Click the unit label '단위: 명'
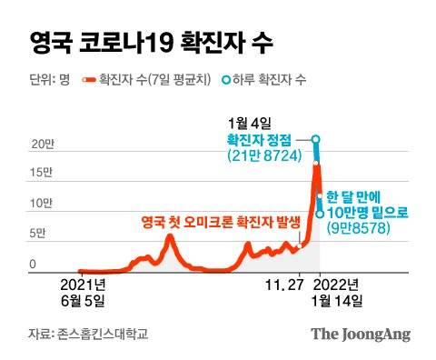point(48,79)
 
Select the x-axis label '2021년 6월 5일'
point(83,291)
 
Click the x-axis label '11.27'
point(283,283)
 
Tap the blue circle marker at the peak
point(316,139)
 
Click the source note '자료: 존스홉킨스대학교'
point(87,334)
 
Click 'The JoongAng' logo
point(361,334)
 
